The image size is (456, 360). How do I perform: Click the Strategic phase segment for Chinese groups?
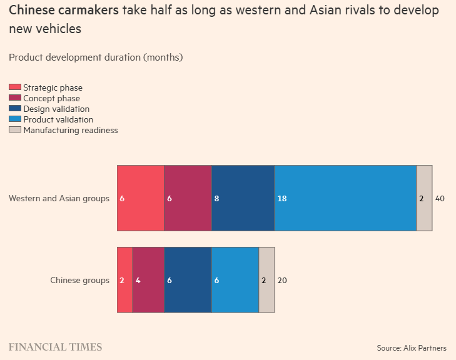125,280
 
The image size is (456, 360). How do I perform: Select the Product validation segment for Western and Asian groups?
345,198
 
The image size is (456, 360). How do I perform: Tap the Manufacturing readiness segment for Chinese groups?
266,280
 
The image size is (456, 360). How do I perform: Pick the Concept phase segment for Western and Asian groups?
188,198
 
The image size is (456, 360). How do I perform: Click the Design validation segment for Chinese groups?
188,280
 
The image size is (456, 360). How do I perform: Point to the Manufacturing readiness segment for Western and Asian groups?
424,198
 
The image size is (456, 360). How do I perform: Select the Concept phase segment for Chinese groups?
149,280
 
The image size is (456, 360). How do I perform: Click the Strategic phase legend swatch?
15,87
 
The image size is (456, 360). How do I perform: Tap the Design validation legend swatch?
15,109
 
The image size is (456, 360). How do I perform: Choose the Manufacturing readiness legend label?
71,130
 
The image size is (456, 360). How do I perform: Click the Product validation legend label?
58,119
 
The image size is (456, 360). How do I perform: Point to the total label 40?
440,199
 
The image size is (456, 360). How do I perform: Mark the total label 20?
282,281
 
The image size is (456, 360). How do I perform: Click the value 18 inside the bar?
282,199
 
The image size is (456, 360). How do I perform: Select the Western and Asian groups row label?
59,199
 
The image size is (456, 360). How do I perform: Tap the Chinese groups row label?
79,281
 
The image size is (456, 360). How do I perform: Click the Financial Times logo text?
55,347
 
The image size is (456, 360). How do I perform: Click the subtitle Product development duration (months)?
96,57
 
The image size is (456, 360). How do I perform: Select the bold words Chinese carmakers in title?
64,11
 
